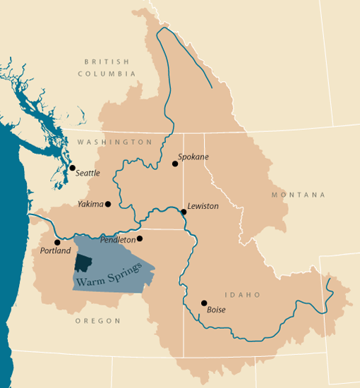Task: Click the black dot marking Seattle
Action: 72,168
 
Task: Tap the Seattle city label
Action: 88,173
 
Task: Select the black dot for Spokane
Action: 175,164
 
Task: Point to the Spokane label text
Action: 193,157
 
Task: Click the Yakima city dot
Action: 108,204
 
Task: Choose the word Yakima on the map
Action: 91,204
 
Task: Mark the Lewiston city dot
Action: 184,212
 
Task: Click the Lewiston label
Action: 203,206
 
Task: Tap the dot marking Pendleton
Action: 140,238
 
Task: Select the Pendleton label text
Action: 117,240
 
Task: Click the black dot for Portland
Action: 57,242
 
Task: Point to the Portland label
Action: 56,251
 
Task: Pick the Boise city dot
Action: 204,303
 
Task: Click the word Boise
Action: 216,309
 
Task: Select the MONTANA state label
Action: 299,195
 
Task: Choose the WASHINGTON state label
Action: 115,142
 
